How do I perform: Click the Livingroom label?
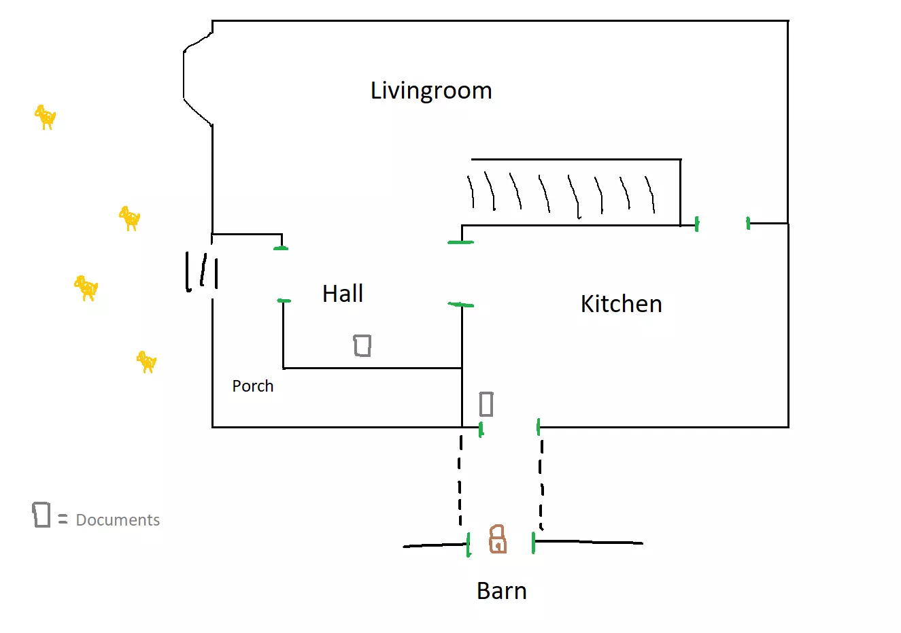(x=431, y=90)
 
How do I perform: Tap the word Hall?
(x=343, y=294)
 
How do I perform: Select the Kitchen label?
(x=621, y=304)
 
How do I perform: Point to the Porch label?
(x=253, y=386)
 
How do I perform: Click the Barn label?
(x=502, y=591)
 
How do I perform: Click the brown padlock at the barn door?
(x=498, y=539)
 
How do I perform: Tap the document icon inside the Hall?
(x=362, y=345)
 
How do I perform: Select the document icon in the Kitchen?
(x=486, y=404)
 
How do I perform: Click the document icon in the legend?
(x=41, y=515)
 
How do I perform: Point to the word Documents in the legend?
(x=118, y=520)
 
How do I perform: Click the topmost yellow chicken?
(x=46, y=117)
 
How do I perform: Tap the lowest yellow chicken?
(x=146, y=361)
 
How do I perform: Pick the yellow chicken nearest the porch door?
(x=86, y=288)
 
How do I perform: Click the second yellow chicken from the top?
(x=129, y=218)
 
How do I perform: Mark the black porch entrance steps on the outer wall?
(x=202, y=271)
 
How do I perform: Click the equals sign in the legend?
(x=63, y=519)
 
